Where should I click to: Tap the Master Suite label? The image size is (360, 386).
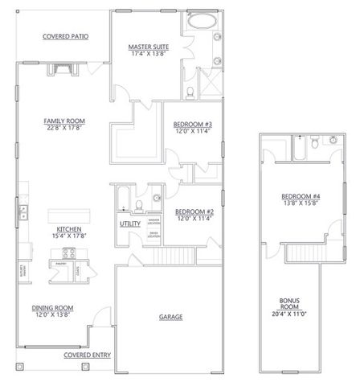pyautogui.click(x=147, y=48)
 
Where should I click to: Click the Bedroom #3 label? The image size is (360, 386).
pyautogui.click(x=192, y=124)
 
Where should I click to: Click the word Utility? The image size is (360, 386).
pyautogui.click(x=129, y=224)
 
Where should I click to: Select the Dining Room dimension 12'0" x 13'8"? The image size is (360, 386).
pyautogui.click(x=54, y=314)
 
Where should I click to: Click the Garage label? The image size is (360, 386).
pyautogui.click(x=170, y=316)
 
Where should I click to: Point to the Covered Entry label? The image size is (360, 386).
pyautogui.click(x=89, y=354)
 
